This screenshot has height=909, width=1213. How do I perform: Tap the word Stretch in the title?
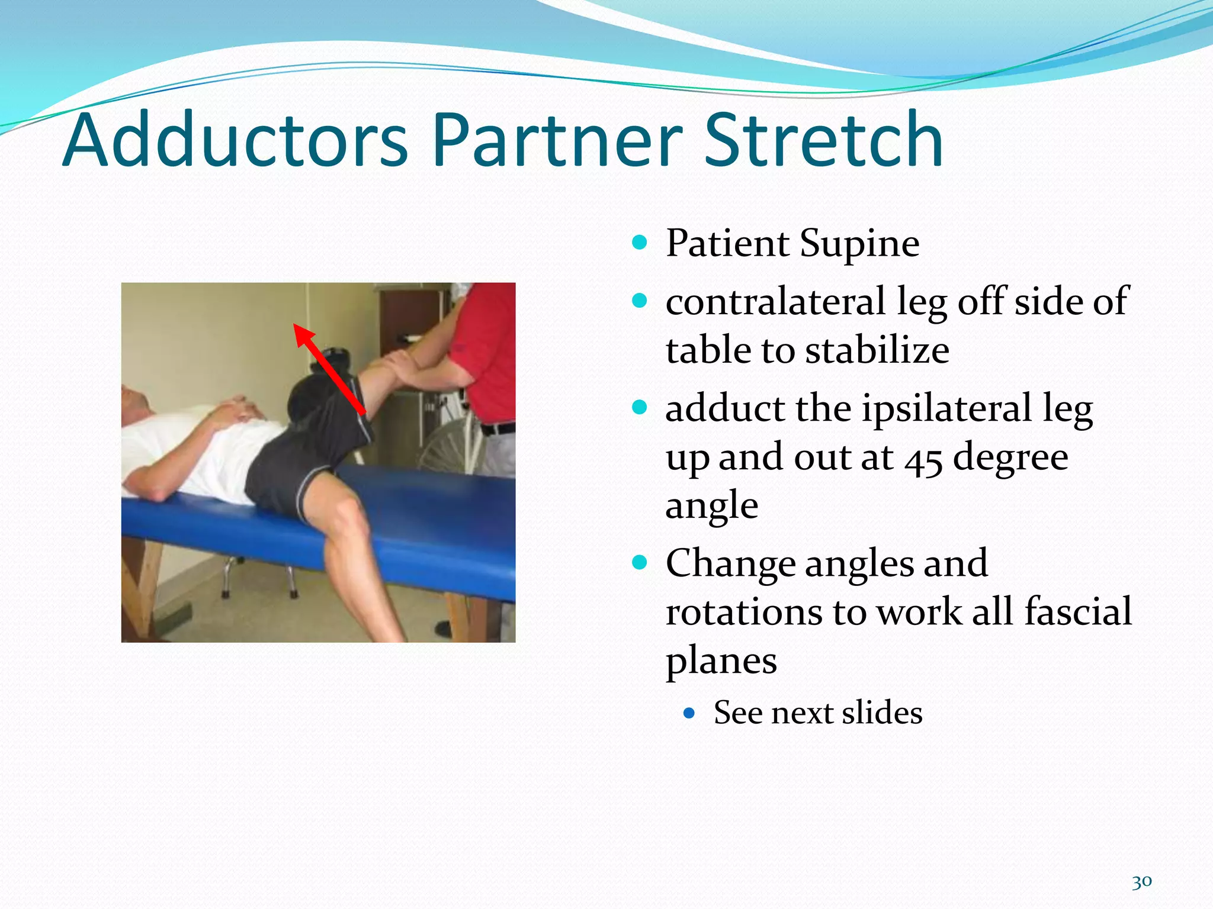tap(823, 141)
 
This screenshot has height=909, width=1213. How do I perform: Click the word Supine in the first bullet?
tap(859, 244)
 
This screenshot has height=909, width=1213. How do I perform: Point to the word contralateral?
tap(775, 301)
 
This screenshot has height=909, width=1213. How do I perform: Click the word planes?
tap(721, 660)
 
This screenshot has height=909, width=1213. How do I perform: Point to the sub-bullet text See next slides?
tap(817, 713)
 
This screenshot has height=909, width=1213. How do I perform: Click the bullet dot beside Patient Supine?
tap(639, 242)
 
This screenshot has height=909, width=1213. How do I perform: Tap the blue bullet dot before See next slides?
tap(688, 713)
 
